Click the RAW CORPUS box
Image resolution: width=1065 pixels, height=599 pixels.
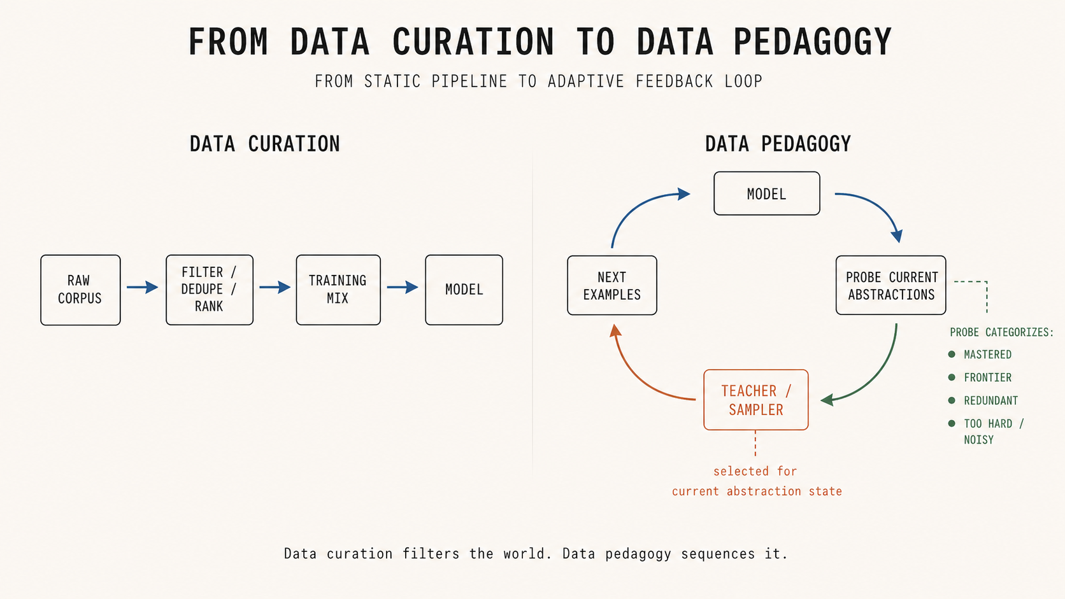point(80,290)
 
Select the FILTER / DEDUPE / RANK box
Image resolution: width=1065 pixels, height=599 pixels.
point(210,290)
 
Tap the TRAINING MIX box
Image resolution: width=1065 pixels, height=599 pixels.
point(338,290)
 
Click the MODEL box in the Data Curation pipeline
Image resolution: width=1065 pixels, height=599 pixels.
point(464,290)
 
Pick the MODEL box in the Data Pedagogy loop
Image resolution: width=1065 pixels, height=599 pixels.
point(766,194)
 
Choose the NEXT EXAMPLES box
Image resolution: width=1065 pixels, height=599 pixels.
point(611,286)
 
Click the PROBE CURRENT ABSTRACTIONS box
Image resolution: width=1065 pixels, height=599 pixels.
point(890,286)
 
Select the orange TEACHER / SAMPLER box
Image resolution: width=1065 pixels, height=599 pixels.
point(755,400)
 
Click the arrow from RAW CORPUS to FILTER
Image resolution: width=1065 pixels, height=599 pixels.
point(143,288)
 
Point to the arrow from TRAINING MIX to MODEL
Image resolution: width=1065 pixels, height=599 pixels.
point(403,288)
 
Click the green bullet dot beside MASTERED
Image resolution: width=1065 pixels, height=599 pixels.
point(952,355)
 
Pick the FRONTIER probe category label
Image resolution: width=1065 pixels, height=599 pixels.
point(987,377)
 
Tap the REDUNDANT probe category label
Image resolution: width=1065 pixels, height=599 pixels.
point(990,400)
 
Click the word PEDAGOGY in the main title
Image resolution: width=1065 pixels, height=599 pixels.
point(812,43)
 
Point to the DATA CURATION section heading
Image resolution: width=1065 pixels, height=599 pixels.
point(265,144)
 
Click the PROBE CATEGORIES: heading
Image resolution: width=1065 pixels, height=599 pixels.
point(1001,332)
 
